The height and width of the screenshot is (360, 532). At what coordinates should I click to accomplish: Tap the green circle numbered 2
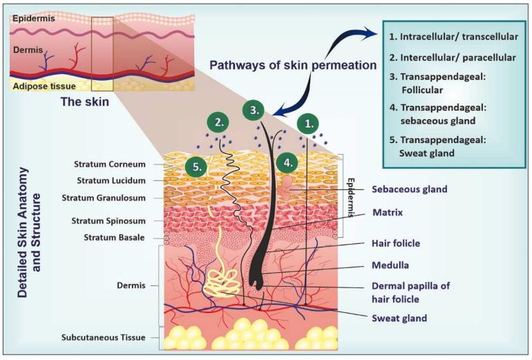click(219, 124)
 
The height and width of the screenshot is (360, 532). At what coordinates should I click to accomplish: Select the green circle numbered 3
click(254, 110)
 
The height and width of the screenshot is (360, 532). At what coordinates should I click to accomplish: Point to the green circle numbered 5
click(196, 166)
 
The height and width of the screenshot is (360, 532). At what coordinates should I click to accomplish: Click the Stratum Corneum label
click(110, 164)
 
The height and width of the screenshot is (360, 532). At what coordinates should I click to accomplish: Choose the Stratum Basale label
click(114, 238)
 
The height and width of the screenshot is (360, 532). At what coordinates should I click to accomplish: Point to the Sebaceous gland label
click(410, 189)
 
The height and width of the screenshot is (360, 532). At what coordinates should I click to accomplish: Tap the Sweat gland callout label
click(399, 318)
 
